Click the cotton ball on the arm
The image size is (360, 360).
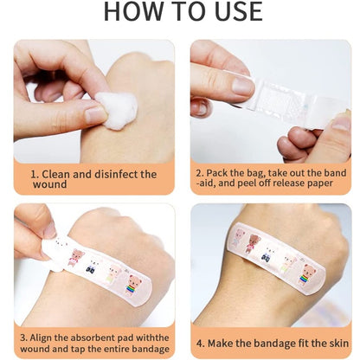tap(118, 111)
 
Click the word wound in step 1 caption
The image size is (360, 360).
tap(50, 184)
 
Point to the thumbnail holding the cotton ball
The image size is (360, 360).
tap(96, 114)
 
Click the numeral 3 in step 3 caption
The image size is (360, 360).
tap(22, 337)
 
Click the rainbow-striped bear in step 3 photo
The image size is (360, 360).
tap(133, 286)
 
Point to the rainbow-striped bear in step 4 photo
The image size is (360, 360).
tap(306, 275)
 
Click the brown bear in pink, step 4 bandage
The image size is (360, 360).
tap(253, 243)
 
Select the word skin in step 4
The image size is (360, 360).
tap(338, 344)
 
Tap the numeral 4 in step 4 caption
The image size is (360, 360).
tap(200, 344)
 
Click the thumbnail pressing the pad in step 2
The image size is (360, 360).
tap(241, 86)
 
